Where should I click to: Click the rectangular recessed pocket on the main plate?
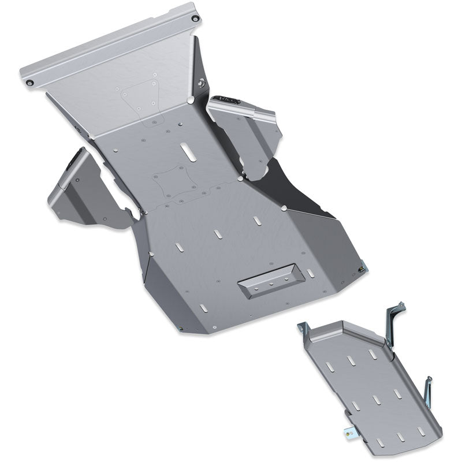coord(270,284)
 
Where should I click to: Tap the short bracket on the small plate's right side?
coord(428,393)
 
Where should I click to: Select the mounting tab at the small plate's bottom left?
coord(349,429)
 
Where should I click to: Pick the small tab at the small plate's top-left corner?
coord(302,329)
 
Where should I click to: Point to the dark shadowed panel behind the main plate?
coord(300,191)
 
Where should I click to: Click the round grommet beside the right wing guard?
coord(201,84)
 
